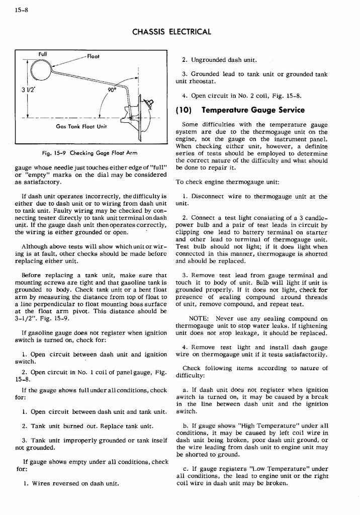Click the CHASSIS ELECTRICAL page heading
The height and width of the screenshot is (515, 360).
pyautogui.click(x=171, y=32)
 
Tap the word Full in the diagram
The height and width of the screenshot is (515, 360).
pyautogui.click(x=43, y=54)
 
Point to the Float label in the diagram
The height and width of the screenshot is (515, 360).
pyautogui.click(x=93, y=56)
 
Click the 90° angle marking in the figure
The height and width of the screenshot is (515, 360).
pyautogui.click(x=112, y=90)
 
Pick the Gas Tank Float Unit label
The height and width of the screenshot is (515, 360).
pyautogui.click(x=80, y=126)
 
